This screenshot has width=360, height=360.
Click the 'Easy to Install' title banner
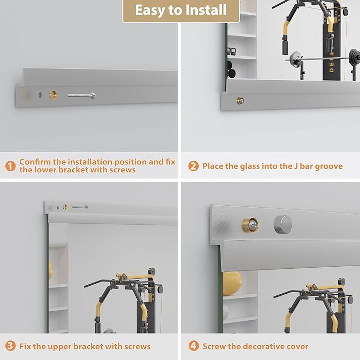click(181, 11)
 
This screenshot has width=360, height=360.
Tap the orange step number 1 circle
click(10, 166)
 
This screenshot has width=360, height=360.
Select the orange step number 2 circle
click(194, 166)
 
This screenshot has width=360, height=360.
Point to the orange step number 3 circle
click(10, 346)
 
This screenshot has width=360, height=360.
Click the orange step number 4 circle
click(194, 346)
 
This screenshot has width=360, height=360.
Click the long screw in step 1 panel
click(81, 95)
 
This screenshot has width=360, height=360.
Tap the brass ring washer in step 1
click(53, 95)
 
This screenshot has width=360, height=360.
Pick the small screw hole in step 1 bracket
click(40, 94)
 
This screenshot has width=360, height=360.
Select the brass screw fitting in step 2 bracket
click(240, 101)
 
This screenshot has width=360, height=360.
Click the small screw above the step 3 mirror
click(80, 207)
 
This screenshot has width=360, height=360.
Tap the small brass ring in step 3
click(65, 207)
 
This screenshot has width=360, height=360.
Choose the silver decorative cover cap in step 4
click(283, 225)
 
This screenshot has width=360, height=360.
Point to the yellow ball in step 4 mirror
click(232, 283)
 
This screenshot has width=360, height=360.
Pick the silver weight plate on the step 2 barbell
click(295, 59)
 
